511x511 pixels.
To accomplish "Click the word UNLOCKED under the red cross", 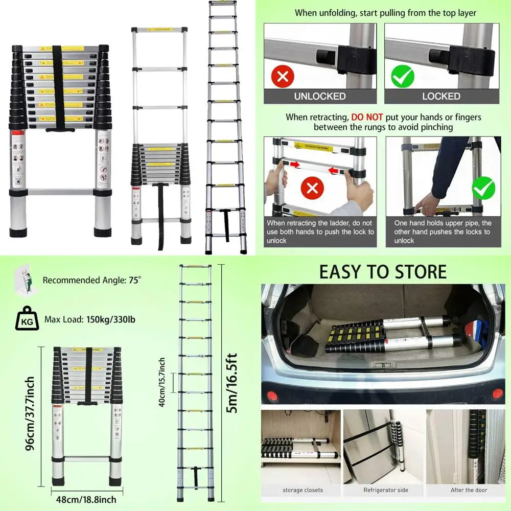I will pyautogui.click(x=320, y=96).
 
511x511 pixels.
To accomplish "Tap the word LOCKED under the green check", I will pyautogui.click(x=441, y=96).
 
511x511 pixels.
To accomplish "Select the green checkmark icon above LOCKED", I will pyautogui.click(x=403, y=77).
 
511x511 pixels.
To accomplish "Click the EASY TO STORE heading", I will pyautogui.click(x=383, y=272).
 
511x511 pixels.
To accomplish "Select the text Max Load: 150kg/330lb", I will pyautogui.click(x=90, y=320).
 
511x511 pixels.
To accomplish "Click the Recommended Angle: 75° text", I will pyautogui.click(x=91, y=280).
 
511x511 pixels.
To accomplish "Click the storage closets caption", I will pyautogui.click(x=303, y=490).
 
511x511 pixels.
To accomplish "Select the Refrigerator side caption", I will pyautogui.click(x=386, y=490).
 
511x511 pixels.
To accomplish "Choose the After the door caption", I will pyautogui.click(x=469, y=490).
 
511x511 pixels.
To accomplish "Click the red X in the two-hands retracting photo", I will pyautogui.click(x=313, y=189).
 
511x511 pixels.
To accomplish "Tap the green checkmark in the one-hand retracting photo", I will pyautogui.click(x=483, y=188).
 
